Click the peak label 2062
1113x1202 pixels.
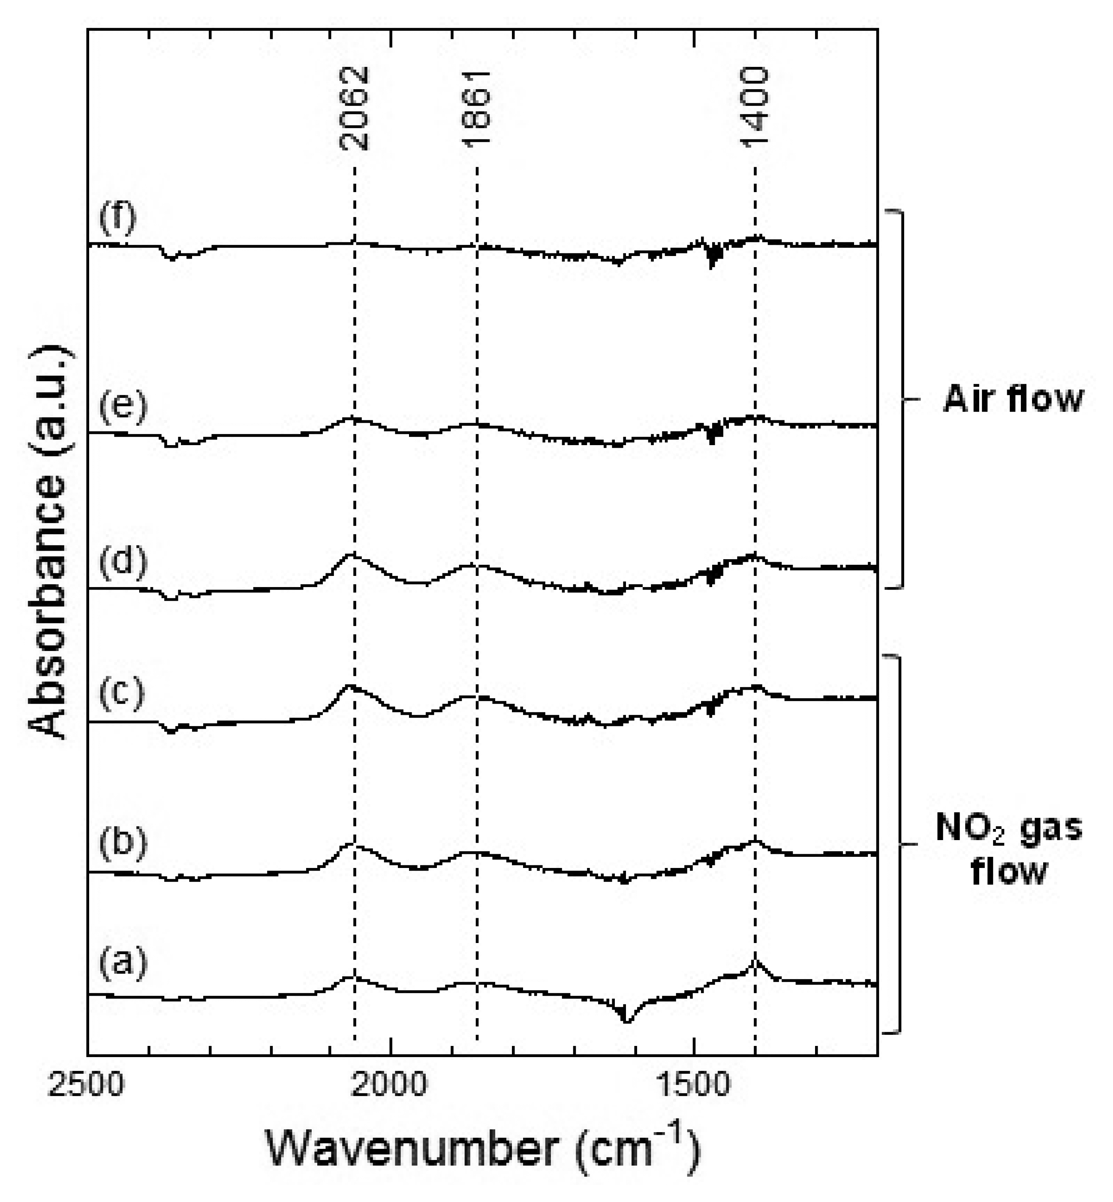(354, 108)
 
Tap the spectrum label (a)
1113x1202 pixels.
(123, 962)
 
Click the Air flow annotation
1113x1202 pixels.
(1013, 399)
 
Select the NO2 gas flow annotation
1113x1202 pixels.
(1009, 849)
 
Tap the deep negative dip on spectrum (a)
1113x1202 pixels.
(626, 1021)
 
